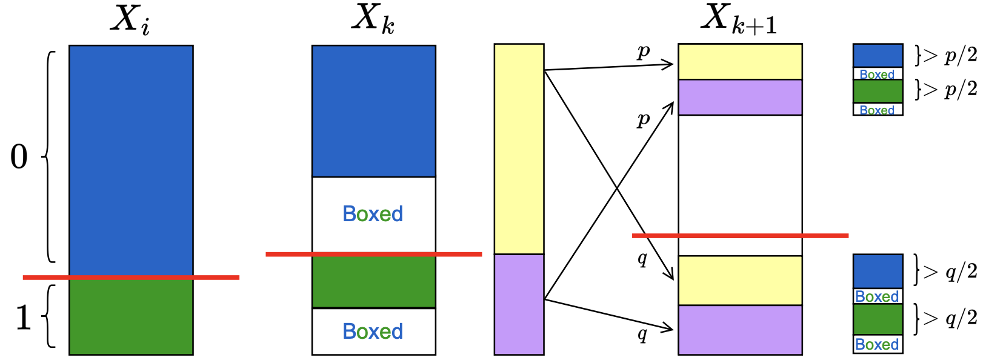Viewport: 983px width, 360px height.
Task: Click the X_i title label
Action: (130, 20)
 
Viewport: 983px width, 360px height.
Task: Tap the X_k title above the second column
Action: (373, 19)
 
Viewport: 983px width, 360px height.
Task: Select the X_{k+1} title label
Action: (739, 19)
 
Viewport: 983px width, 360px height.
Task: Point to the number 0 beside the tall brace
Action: (19, 157)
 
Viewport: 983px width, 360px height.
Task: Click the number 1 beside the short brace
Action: (23, 317)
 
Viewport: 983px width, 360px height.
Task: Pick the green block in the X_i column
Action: (131, 316)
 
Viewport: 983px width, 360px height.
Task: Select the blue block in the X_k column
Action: (373, 111)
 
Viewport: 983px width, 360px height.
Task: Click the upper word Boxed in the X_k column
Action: (373, 214)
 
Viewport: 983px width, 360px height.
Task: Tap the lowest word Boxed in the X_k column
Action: (373, 332)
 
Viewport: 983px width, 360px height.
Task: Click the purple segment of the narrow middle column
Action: (519, 304)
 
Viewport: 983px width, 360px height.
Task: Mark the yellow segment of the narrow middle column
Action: (519, 148)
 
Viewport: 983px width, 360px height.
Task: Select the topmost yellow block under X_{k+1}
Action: (740, 61)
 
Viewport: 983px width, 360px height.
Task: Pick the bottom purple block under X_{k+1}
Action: (740, 330)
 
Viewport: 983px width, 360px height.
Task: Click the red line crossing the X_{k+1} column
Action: (740, 235)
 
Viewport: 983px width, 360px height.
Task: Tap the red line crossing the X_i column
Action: (131, 277)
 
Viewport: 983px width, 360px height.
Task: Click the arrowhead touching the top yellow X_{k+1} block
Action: (669, 64)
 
